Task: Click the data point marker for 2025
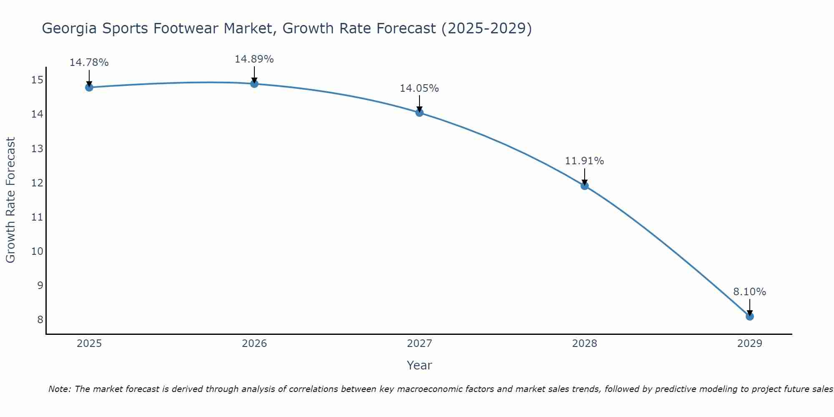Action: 89,87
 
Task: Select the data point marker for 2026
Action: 254,84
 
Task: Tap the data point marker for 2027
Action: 420,113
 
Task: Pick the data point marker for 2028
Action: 585,186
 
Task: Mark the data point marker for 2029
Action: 750,316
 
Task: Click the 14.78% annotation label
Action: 89,63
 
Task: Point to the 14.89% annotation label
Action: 254,59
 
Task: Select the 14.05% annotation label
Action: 420,88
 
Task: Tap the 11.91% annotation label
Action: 585,161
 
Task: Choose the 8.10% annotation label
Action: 750,292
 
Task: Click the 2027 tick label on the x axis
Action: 420,344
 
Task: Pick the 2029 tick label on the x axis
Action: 750,344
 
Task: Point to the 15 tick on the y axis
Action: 37,80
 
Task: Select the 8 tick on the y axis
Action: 40,320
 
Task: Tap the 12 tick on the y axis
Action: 37,183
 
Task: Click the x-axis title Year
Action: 420,365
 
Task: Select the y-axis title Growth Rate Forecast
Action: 11,200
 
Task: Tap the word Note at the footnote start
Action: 60,389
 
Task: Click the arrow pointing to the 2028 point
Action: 585,177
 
